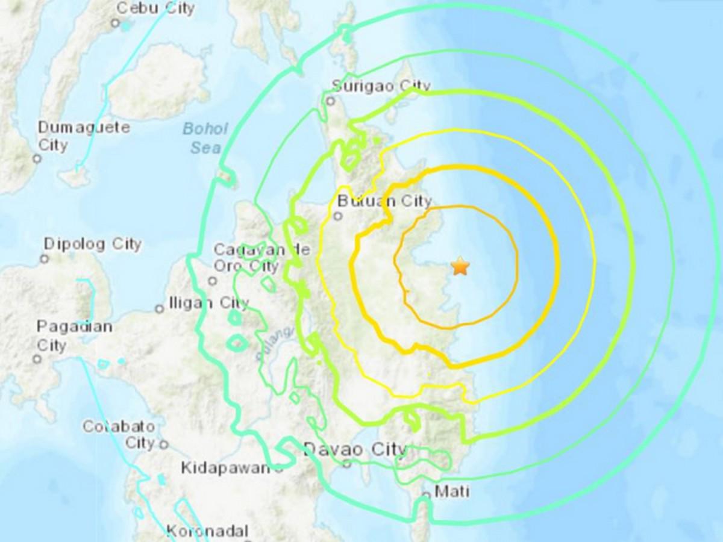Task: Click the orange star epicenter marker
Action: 460,266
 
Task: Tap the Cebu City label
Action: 155,8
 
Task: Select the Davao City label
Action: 355,449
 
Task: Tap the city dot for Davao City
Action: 347,464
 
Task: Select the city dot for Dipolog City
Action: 44,259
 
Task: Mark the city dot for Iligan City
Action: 160,309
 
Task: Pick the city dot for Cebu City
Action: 115,23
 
